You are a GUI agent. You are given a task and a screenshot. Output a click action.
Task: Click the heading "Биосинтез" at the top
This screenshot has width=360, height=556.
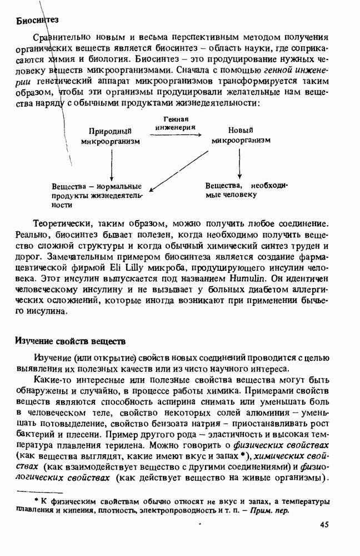37,21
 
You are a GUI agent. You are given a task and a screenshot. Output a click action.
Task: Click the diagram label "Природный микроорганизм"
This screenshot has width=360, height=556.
109,136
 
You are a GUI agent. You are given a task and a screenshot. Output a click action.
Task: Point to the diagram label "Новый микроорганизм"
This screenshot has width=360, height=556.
241,136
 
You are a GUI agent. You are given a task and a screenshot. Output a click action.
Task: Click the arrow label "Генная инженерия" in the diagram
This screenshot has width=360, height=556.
177,123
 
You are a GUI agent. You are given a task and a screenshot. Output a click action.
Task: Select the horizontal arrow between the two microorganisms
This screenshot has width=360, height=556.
176,133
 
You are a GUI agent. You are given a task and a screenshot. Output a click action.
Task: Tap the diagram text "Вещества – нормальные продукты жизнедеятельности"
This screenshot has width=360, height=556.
97,195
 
